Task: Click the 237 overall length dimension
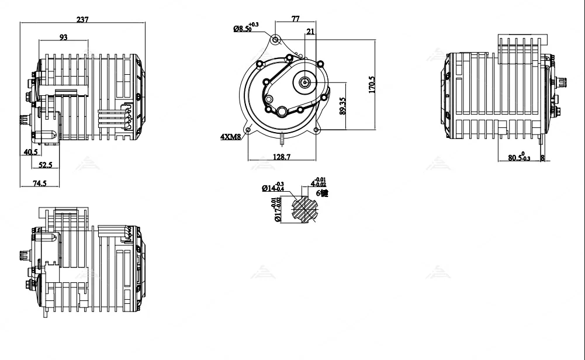click(82, 19)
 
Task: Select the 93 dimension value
click(63, 37)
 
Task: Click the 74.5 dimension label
click(39, 184)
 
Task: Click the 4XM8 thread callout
click(230, 137)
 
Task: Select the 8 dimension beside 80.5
click(542, 158)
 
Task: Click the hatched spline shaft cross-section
click(304, 209)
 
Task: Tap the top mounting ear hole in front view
click(275, 40)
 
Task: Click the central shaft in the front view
click(304, 83)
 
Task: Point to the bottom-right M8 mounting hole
click(316, 130)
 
